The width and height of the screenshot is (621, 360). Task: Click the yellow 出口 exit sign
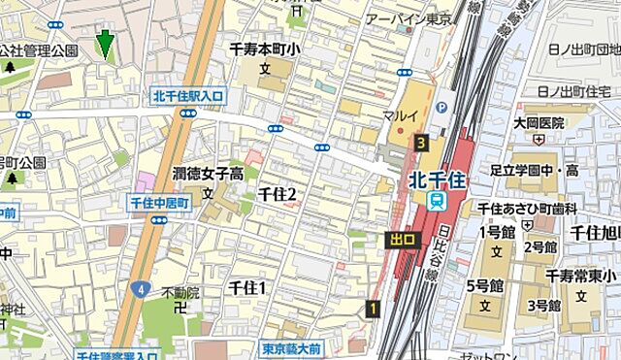coord(402,239)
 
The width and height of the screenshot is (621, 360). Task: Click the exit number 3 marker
coord(420,143)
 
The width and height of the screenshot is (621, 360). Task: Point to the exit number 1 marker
coord(373,309)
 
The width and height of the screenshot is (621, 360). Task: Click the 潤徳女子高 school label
coord(209,174)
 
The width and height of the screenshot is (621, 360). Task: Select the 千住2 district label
coord(277,194)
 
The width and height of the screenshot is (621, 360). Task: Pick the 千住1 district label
coord(246,287)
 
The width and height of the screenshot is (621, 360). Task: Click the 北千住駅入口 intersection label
coord(188,95)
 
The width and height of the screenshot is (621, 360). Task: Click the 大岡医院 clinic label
coord(539,123)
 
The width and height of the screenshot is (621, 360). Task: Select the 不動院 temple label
coord(180,292)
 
